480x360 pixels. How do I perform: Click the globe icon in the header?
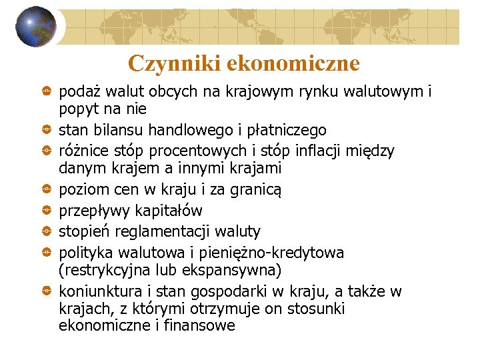pos(37,27)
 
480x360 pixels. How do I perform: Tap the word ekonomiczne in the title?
pos(293,63)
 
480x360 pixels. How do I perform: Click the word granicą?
pos(257,190)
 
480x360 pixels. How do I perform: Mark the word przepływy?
pos(93,211)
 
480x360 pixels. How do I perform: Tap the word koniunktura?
pos(97,291)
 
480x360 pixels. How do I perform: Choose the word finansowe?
pos(200,326)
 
